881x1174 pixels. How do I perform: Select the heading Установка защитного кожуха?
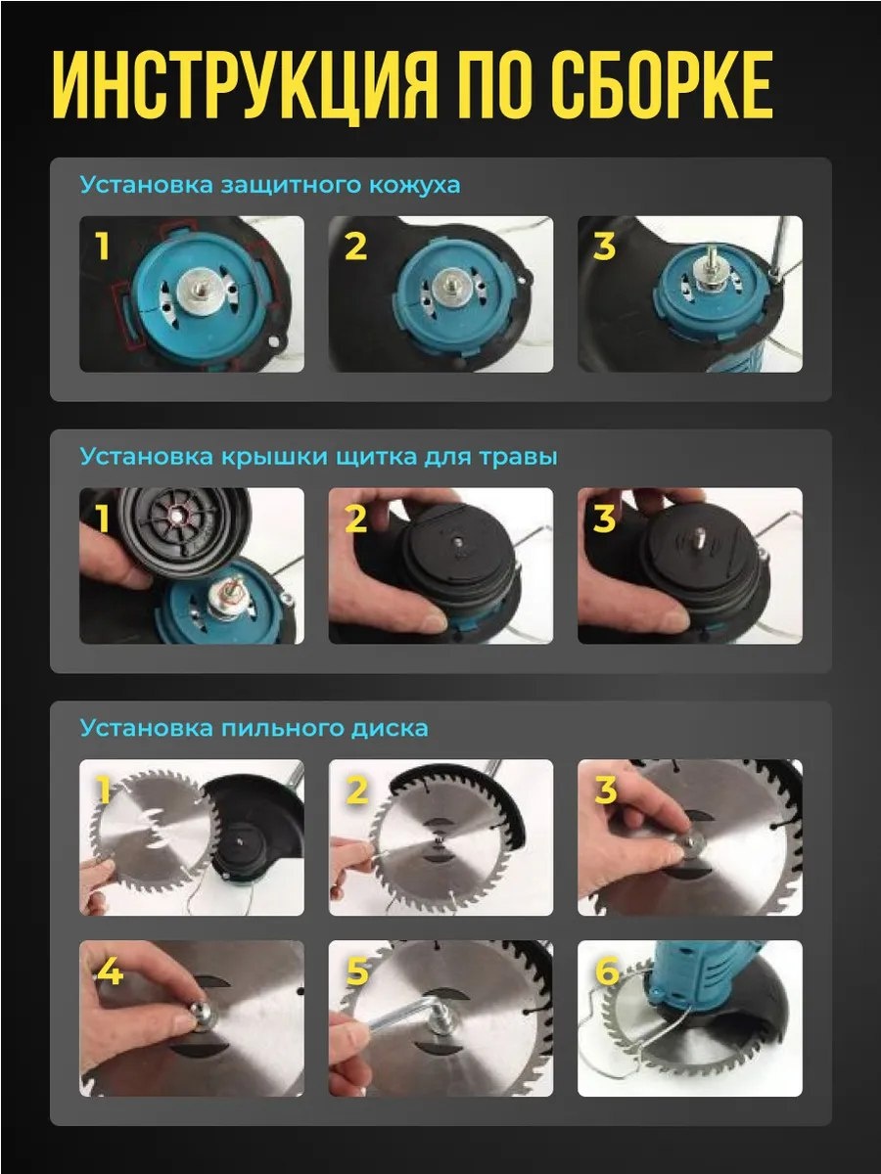click(x=270, y=185)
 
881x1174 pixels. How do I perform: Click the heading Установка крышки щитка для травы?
click(x=319, y=457)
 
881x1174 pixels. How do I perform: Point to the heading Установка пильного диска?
click(x=255, y=728)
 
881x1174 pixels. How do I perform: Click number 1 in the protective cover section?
click(x=103, y=246)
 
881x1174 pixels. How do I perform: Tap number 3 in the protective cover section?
click(x=604, y=246)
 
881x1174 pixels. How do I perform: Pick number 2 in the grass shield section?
click(x=355, y=519)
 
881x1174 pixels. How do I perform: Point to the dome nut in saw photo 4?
click(x=202, y=1013)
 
